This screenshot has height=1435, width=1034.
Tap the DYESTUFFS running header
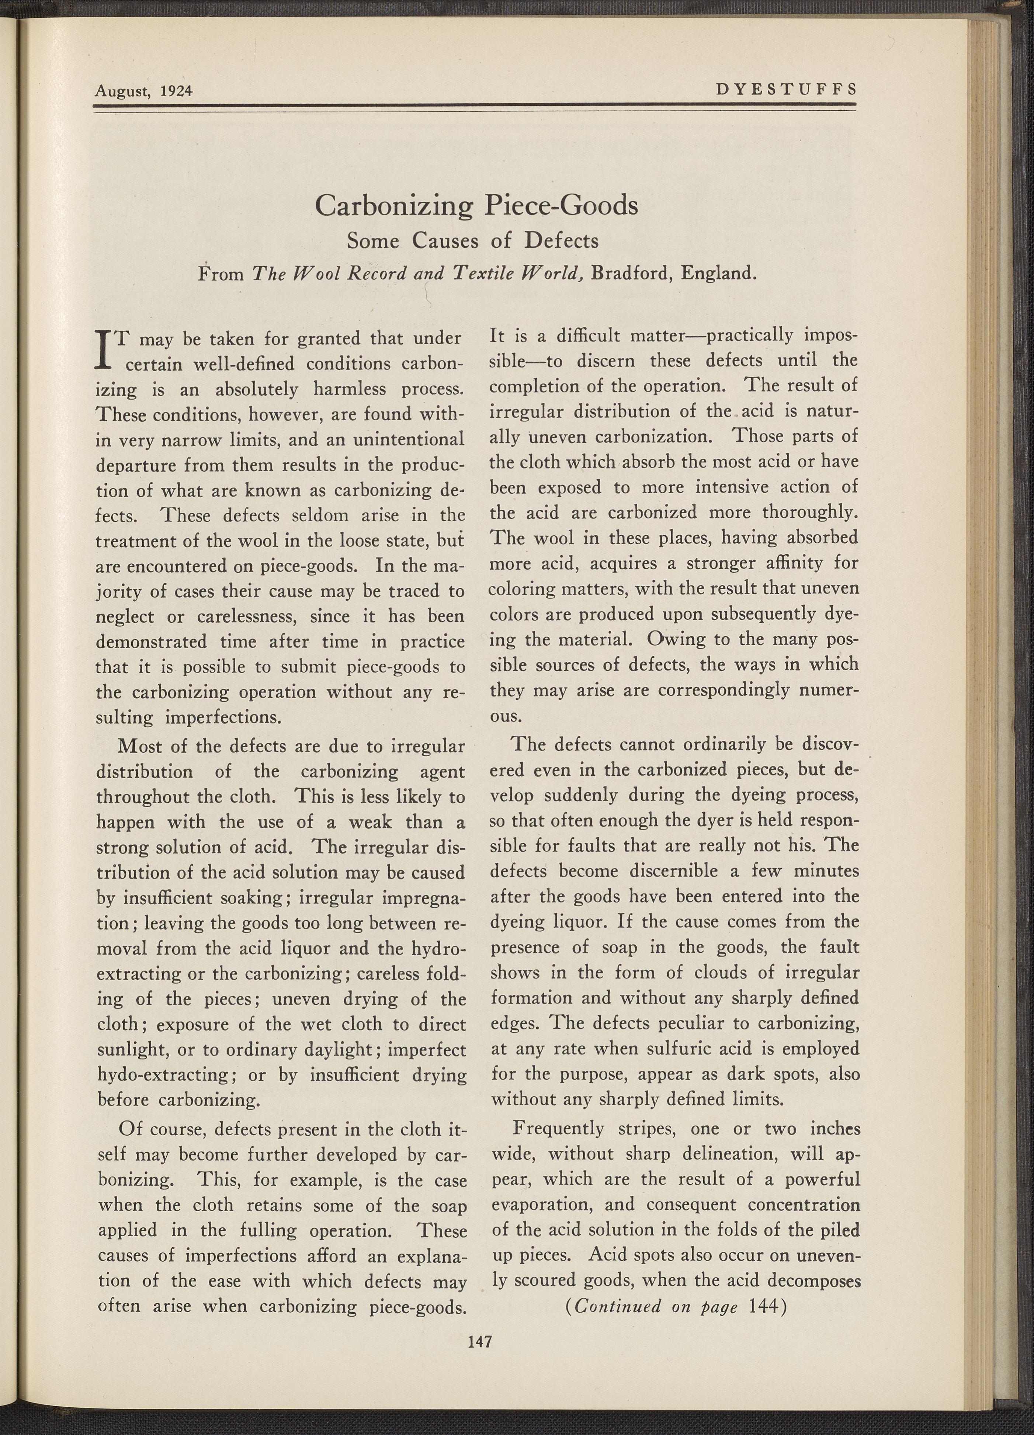[x=786, y=89]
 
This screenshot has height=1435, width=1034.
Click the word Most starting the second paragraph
[x=140, y=746]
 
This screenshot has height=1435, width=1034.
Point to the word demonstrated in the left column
[x=151, y=642]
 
